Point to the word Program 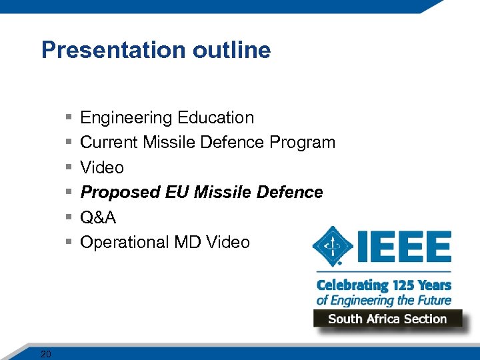pos(303,143)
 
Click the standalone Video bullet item pos(102,167)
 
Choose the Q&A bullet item pos(97,217)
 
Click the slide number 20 pos(45,354)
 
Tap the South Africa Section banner pos(387,319)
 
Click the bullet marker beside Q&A pos(69,218)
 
